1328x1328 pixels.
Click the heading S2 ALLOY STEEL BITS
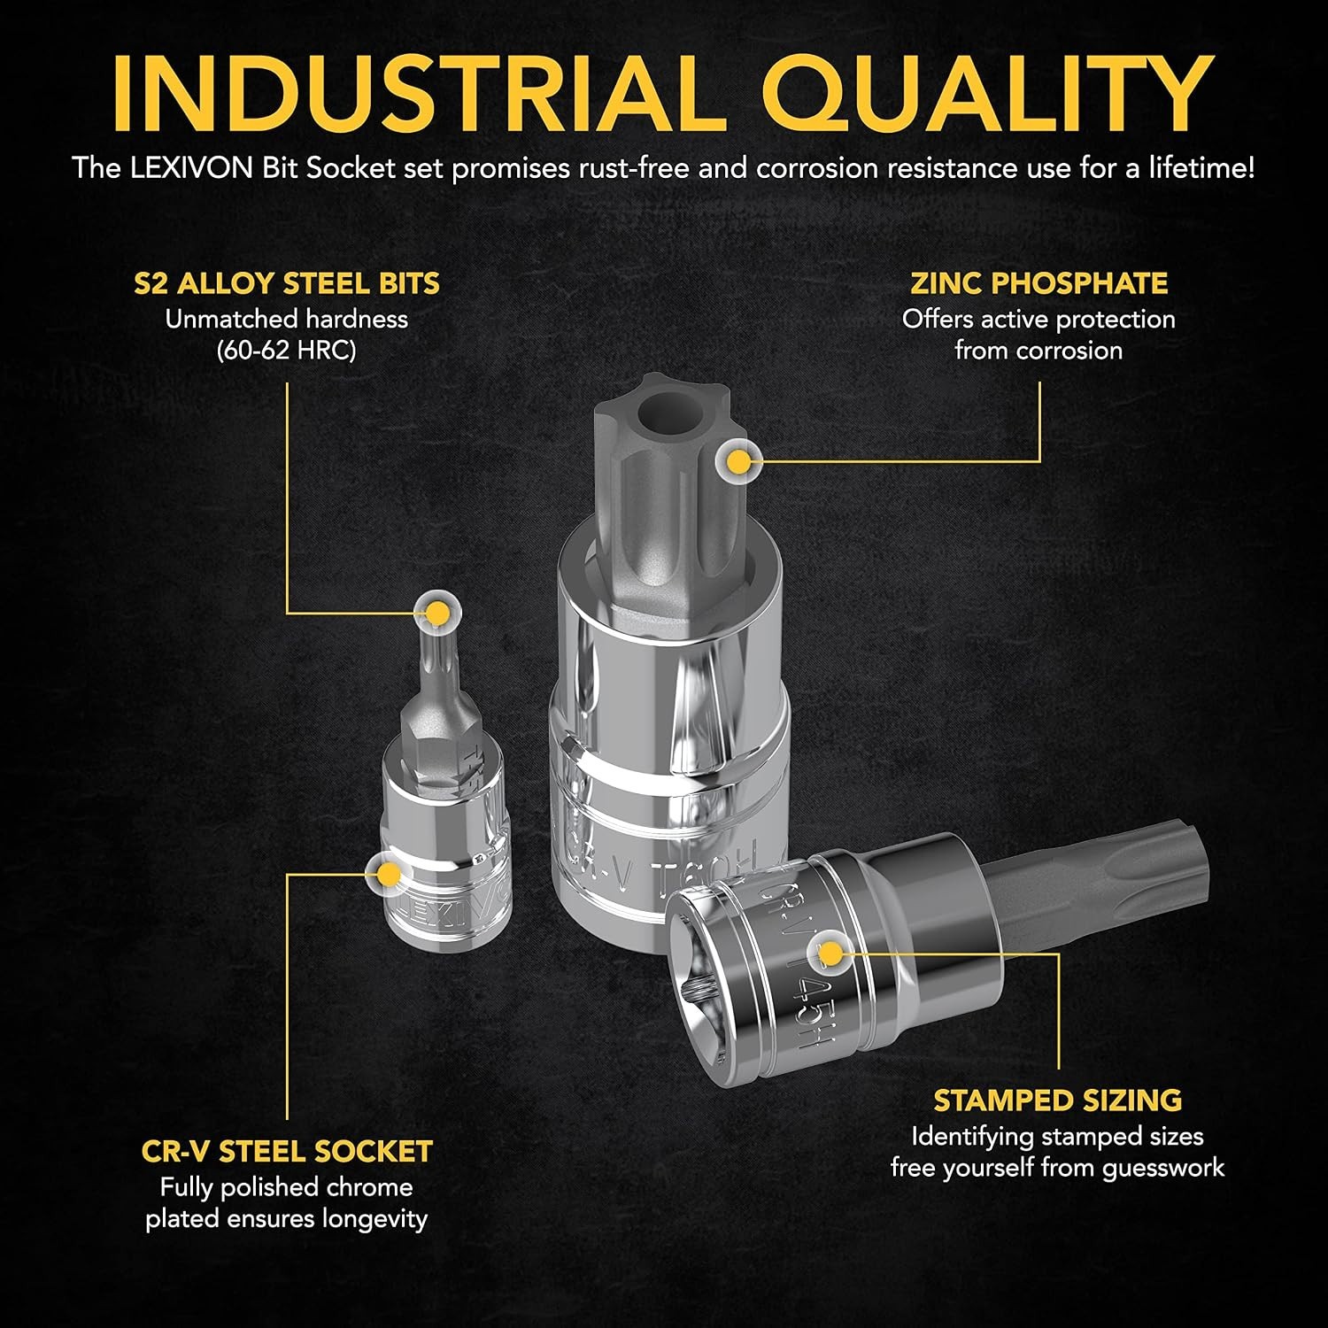[x=287, y=283]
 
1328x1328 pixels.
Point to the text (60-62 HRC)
[x=287, y=351]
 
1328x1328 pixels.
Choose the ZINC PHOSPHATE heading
[x=1039, y=283]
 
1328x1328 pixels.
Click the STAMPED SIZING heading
[x=1058, y=1100]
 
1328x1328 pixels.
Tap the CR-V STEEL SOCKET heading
[x=287, y=1151]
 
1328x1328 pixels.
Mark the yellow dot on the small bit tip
[x=436, y=612]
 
